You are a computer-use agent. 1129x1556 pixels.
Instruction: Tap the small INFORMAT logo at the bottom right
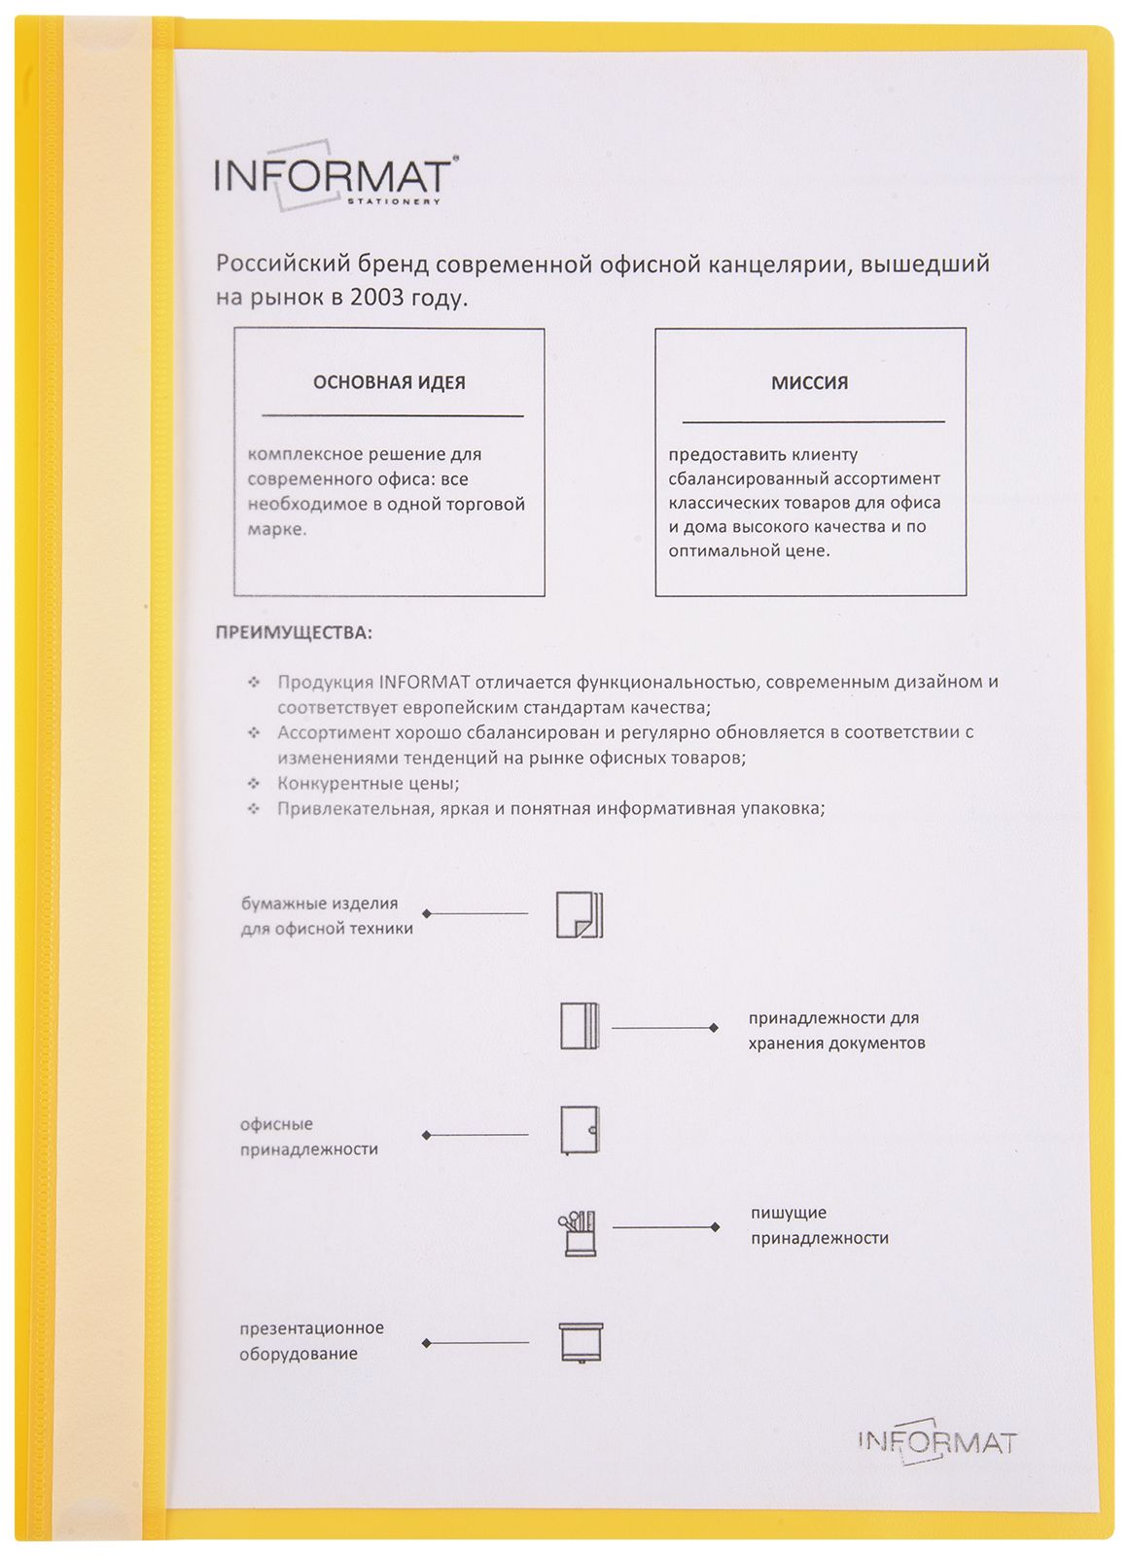936,1441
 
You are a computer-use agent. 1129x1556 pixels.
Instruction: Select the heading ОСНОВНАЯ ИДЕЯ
389,382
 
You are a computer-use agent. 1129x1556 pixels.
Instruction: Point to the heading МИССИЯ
809,382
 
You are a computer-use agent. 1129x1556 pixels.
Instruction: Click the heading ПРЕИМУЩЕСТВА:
293,633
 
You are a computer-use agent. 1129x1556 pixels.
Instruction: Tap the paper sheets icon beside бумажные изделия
580,914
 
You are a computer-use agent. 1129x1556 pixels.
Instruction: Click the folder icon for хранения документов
580,1027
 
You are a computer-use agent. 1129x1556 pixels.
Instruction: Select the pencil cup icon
578,1233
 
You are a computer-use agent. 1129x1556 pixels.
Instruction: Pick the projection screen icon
581,1343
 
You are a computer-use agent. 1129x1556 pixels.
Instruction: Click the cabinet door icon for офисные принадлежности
580,1131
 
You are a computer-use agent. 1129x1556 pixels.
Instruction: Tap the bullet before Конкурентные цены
254,783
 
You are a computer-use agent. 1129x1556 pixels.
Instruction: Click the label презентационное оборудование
311,1341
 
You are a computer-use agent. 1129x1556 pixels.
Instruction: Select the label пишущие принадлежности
819,1225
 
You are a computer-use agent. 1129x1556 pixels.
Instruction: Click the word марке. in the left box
277,530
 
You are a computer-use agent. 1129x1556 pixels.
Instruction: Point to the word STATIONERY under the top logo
394,202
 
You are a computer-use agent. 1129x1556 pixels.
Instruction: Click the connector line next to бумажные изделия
476,914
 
